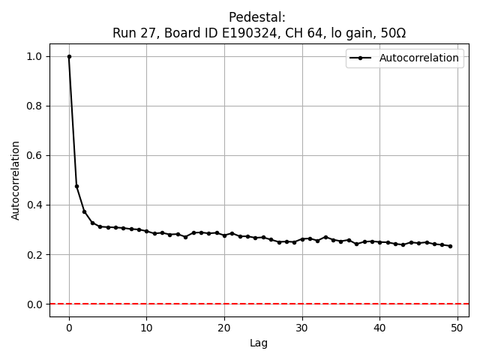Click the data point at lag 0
click(69, 56)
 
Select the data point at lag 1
click(76, 186)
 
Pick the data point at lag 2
click(85, 211)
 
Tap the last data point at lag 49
click(450, 246)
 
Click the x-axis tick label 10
click(146, 328)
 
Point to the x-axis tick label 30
click(302, 328)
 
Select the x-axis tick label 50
click(457, 328)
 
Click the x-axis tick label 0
click(69, 328)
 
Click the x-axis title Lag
click(259, 343)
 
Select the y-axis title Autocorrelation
click(16, 180)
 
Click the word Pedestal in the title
click(257, 17)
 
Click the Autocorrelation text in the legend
click(419, 58)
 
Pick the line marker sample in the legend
click(361, 58)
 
